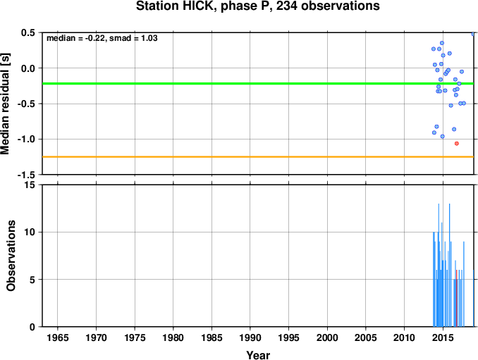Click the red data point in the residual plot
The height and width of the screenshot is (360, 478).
(457, 144)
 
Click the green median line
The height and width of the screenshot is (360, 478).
(258, 83)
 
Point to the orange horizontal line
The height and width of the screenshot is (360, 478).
(258, 157)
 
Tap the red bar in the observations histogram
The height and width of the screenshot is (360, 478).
(457, 298)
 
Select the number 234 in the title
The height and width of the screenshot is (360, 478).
(287, 6)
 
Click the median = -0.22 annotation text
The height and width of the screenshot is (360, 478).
(75, 38)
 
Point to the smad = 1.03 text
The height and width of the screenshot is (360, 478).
(133, 38)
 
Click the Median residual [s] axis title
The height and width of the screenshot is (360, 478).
(5, 104)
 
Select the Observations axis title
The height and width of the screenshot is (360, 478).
(11, 256)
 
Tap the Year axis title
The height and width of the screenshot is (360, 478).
(258, 355)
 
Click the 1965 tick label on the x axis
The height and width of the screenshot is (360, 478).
(58, 337)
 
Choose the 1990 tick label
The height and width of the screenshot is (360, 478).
(250, 337)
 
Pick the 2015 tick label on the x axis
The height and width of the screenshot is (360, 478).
(443, 337)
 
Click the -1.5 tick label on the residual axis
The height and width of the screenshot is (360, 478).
(26, 175)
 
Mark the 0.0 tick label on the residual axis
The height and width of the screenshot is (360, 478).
(28, 68)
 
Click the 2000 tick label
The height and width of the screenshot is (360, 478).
(327, 337)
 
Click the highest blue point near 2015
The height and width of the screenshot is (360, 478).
(442, 43)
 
